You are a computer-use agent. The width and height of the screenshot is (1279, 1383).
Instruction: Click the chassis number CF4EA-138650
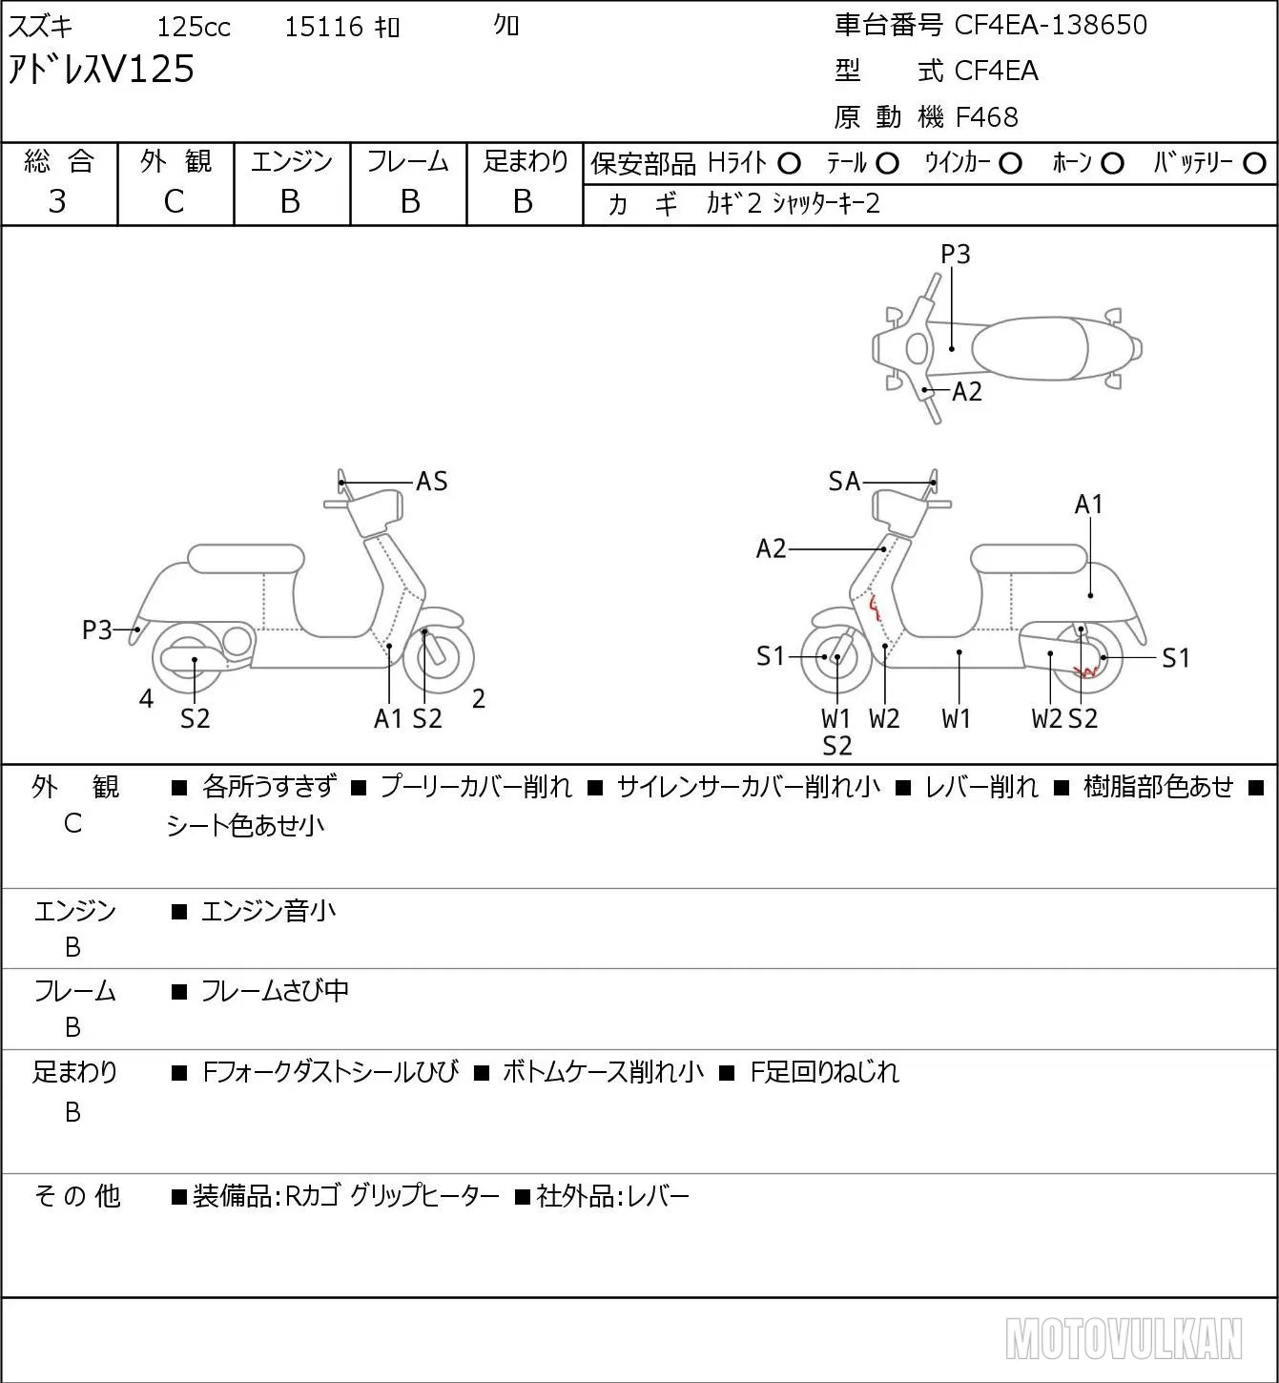1050,25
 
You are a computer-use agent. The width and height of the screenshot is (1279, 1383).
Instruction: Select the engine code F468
986,117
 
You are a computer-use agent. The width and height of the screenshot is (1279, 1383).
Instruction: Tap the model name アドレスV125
101,70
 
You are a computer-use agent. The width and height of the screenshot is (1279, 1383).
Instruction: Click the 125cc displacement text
193,27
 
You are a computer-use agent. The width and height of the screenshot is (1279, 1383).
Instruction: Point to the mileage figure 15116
323,27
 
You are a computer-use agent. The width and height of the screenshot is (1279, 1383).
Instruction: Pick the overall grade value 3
57,201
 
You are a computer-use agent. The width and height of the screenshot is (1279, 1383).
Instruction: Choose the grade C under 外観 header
174,202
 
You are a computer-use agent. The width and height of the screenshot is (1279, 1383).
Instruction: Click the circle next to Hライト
789,164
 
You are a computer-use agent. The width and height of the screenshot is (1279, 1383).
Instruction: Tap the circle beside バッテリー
1254,164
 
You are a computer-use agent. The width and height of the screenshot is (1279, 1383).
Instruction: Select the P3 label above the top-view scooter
955,254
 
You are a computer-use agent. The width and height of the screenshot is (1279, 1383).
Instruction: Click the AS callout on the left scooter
431,482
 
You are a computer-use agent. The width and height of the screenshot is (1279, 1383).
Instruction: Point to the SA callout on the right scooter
844,482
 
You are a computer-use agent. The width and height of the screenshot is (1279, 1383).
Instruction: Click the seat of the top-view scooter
1030,348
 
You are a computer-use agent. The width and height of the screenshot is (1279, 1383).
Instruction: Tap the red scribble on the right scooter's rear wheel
1085,671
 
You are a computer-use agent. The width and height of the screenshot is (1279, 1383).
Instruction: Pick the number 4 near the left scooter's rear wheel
146,698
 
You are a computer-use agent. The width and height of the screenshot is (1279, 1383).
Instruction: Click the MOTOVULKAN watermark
1123,1338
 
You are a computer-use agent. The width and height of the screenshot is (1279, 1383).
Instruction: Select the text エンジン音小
268,911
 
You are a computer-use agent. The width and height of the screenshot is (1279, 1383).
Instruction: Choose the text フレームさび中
275,991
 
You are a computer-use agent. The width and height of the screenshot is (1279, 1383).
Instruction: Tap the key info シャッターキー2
826,203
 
